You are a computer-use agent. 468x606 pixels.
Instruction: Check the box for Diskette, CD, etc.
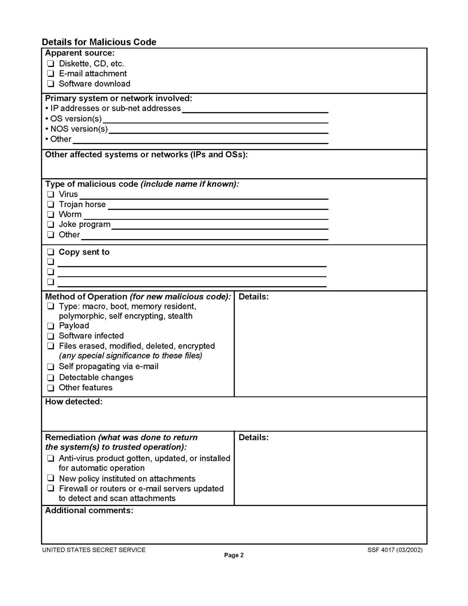click(x=51, y=63)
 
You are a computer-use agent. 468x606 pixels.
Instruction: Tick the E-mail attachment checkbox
click(x=51, y=73)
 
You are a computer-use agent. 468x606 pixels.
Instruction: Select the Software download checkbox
click(x=51, y=83)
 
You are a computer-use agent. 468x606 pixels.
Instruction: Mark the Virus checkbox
click(x=51, y=194)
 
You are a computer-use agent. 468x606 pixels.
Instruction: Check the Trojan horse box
click(x=51, y=204)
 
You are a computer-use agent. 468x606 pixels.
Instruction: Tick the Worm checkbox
click(x=51, y=214)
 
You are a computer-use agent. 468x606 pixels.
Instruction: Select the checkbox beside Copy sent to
click(x=51, y=252)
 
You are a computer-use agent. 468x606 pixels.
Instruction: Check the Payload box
click(x=51, y=326)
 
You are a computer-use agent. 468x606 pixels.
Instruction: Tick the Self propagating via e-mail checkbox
click(x=51, y=367)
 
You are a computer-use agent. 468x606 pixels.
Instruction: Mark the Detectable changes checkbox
click(x=51, y=378)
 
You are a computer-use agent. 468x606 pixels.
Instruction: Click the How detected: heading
click(x=74, y=402)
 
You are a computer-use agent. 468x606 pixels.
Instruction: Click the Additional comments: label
click(x=89, y=510)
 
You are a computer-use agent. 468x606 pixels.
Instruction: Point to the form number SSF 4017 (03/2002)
click(x=395, y=550)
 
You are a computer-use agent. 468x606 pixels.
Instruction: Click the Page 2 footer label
click(x=234, y=555)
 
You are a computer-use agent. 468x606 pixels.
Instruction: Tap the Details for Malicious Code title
click(x=99, y=42)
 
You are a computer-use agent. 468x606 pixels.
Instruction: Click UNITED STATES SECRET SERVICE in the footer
click(x=94, y=550)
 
